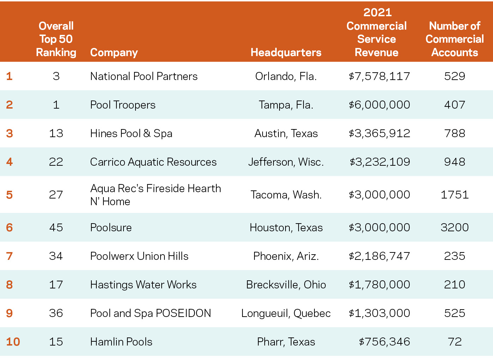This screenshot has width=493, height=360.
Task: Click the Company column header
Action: [x=114, y=53]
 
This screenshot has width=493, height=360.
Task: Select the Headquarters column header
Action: [x=286, y=53]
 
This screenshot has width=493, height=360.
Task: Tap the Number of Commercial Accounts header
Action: [x=455, y=39]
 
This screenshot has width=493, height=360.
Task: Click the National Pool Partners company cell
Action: [x=144, y=76]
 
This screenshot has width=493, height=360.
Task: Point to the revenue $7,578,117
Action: [x=379, y=76]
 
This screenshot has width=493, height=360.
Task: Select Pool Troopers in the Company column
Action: [x=122, y=105]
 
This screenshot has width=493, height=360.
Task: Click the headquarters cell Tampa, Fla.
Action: [x=286, y=105]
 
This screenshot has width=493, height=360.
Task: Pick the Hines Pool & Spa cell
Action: [x=131, y=133]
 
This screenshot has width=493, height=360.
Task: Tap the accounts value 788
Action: [x=455, y=133]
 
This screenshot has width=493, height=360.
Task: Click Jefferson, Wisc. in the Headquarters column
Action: [x=286, y=162]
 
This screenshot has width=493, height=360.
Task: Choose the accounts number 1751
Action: [x=455, y=195]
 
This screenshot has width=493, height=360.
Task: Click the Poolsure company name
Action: [x=111, y=227]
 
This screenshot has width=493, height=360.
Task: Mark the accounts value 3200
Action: [x=455, y=227]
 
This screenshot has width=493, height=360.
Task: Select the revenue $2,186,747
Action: [x=379, y=256]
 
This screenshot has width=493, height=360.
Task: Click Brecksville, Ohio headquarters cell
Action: [x=286, y=285]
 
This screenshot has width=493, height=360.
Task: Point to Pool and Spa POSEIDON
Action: [x=150, y=313]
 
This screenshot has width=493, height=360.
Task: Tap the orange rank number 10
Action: [x=13, y=342]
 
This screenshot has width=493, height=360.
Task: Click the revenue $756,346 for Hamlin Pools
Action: [x=384, y=342]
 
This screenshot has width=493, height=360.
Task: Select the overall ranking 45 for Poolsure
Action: [x=56, y=227]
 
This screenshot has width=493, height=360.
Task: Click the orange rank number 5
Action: [x=10, y=195]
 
